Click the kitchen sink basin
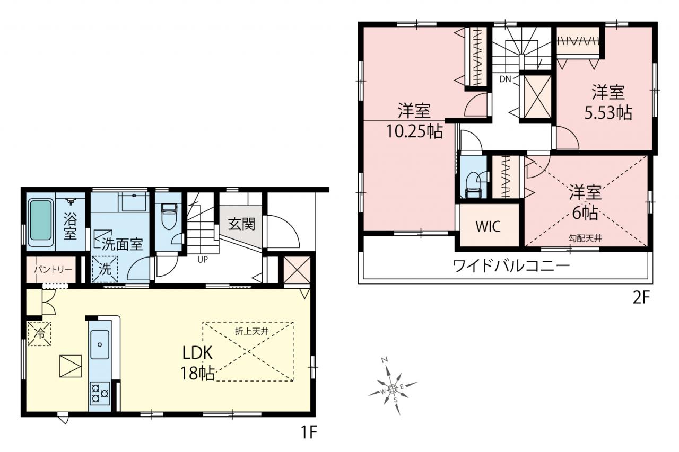pos(99,344)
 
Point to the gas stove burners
pos(100,393)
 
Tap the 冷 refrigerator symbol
pos(39,334)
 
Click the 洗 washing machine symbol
pos(105,269)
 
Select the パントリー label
pos(53,269)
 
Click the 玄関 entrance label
pos(241,224)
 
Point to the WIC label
pos(488,226)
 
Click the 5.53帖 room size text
pos(608,113)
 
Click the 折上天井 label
pos(252,331)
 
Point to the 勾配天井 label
pos(585,238)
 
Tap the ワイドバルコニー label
pos(511,266)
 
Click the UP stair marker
pos(203,260)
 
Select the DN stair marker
pos(506,79)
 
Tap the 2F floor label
pos(641,298)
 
